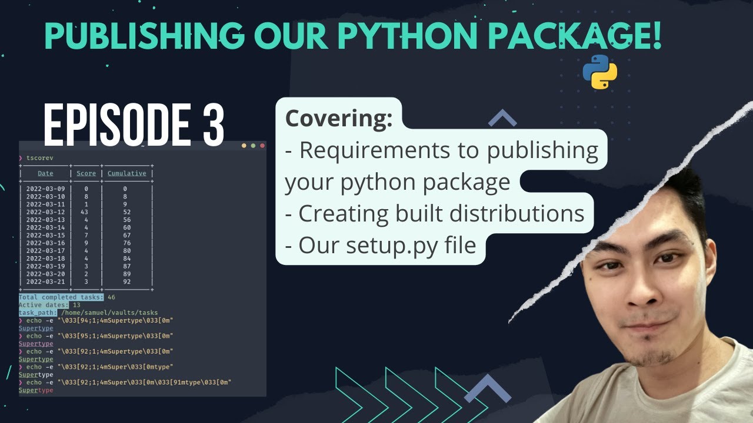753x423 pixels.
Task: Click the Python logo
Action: coord(599,72)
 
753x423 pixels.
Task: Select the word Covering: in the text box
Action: coord(339,119)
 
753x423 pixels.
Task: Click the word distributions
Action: coord(516,213)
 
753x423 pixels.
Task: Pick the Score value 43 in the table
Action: coord(86,211)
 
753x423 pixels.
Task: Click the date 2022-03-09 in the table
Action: coord(45,189)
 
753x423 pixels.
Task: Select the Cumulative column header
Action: coord(126,173)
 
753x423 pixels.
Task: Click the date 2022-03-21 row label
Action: coord(45,281)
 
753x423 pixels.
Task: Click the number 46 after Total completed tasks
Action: coord(112,297)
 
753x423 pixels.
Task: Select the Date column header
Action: coord(45,173)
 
